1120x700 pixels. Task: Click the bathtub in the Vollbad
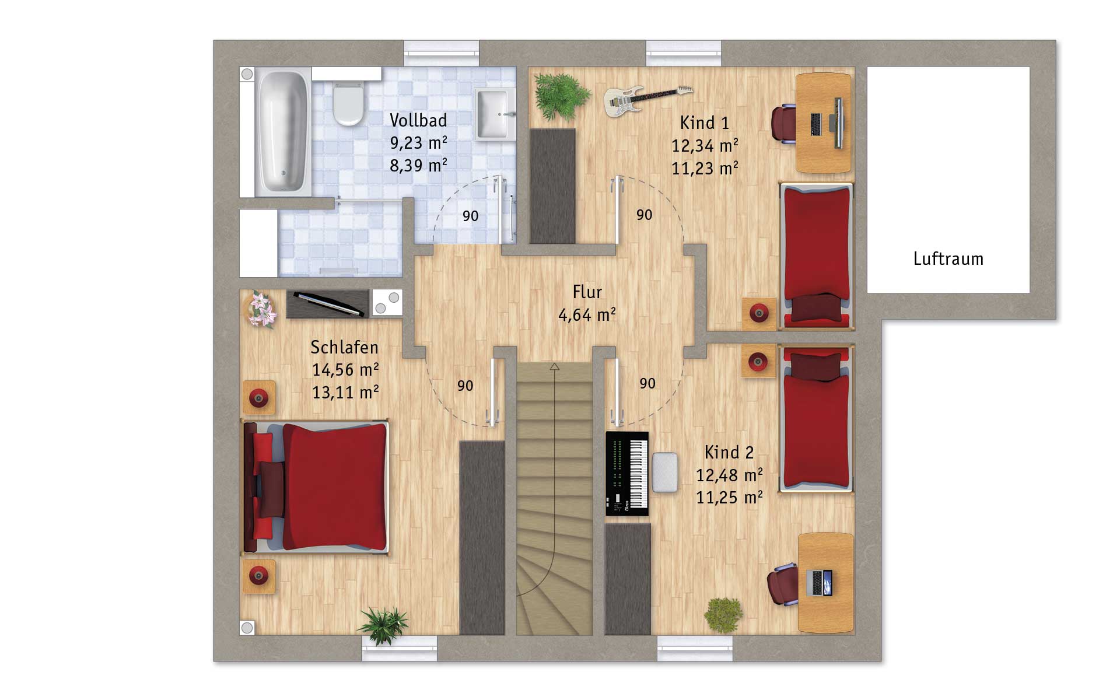click(282, 132)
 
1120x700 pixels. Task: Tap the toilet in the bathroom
click(348, 103)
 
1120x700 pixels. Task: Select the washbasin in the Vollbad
click(495, 114)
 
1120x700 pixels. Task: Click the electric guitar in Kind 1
click(647, 100)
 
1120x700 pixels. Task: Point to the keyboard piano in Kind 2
click(627, 474)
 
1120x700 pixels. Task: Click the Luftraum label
click(948, 259)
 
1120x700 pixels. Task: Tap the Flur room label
click(587, 292)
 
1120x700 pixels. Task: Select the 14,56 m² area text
click(345, 370)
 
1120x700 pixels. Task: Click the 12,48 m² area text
click(729, 475)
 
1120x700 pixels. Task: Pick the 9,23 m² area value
click(418, 143)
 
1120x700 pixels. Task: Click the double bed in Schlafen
click(316, 487)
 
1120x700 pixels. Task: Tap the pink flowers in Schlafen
click(261, 309)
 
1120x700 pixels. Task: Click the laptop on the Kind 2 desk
click(820, 582)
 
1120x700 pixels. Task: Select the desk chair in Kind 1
click(783, 124)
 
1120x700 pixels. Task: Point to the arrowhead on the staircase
click(554, 366)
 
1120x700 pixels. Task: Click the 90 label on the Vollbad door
click(470, 216)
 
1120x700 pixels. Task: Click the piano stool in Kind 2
click(665, 472)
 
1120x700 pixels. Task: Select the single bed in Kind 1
click(817, 256)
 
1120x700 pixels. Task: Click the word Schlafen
click(344, 348)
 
